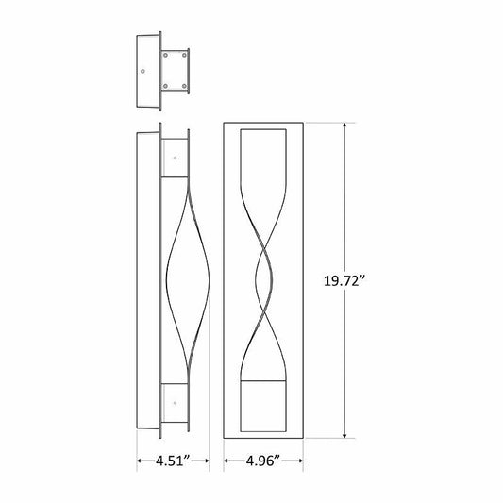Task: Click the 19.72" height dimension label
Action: click(x=344, y=281)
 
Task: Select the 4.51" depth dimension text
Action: click(x=174, y=461)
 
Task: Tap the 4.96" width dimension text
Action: click(x=263, y=461)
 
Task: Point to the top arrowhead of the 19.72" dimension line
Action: click(x=344, y=126)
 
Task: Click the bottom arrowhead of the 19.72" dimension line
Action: click(x=344, y=435)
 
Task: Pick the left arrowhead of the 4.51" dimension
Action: click(x=140, y=461)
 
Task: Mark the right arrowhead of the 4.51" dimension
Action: click(x=207, y=461)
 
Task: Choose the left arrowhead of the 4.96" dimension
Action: click(x=226, y=461)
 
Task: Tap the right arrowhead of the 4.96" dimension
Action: click(x=300, y=461)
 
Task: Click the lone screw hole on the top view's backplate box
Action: click(x=143, y=71)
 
